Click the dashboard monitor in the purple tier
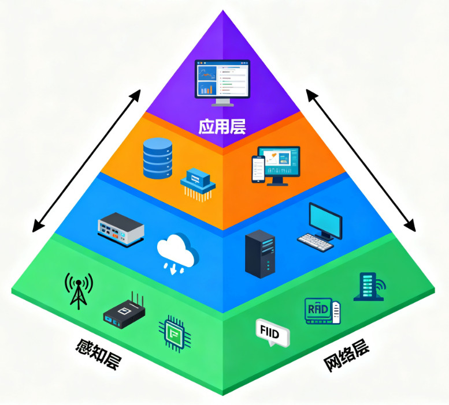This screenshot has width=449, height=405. pos(222,81)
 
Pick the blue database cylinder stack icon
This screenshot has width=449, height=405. pos(158,157)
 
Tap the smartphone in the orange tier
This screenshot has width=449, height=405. pos(258,170)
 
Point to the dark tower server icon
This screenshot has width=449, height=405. pos(260,254)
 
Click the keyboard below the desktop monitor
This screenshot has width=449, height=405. pos(315,242)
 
